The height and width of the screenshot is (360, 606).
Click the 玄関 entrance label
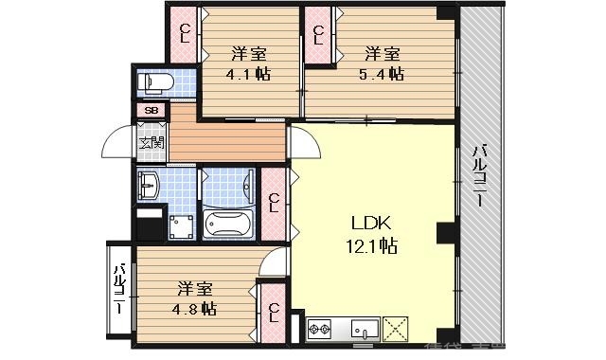point(151,144)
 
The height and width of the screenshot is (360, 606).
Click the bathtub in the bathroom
point(228,225)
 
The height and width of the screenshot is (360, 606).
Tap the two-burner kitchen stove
point(320,331)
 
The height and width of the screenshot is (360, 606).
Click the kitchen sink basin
point(365,331)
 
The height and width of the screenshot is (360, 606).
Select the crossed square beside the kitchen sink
point(397,331)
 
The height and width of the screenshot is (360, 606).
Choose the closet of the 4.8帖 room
point(273,312)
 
